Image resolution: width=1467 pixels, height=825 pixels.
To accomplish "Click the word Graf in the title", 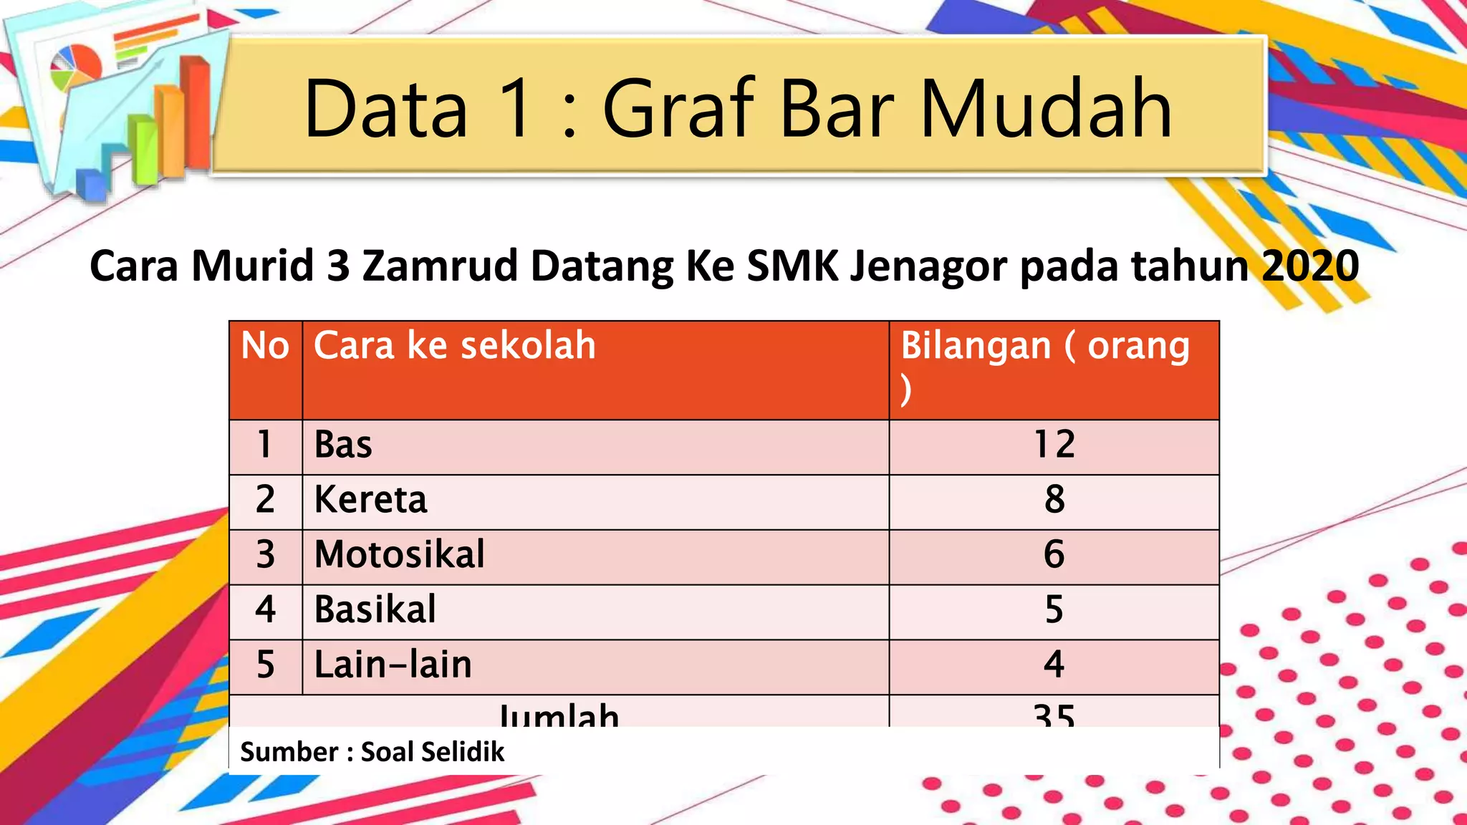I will click(679, 109).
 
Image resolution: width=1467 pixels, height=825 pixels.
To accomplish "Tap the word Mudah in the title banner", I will click(1045, 109).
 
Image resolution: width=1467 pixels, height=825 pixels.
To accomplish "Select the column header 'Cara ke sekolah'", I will click(454, 346).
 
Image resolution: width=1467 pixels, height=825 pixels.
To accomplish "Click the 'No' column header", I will click(265, 346).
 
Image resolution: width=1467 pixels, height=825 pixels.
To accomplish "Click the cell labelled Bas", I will click(343, 445).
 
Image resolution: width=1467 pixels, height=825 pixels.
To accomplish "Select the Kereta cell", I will click(370, 500).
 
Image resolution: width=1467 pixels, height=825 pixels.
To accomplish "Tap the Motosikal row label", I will click(399, 555).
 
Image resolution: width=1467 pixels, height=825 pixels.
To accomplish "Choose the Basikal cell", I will click(375, 610).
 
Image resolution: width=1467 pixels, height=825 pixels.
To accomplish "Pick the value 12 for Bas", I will click(1054, 445).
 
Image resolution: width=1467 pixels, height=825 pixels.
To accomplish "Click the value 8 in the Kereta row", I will click(1054, 500).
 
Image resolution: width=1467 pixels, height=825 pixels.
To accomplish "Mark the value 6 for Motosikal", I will click(1054, 555).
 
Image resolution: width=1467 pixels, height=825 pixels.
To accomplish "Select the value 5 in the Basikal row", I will click(1054, 610).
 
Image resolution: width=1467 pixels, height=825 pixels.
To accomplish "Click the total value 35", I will click(1054, 715).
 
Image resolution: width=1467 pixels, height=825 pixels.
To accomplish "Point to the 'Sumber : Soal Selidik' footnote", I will click(372, 752).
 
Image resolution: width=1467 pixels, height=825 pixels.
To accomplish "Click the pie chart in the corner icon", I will click(75, 66).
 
